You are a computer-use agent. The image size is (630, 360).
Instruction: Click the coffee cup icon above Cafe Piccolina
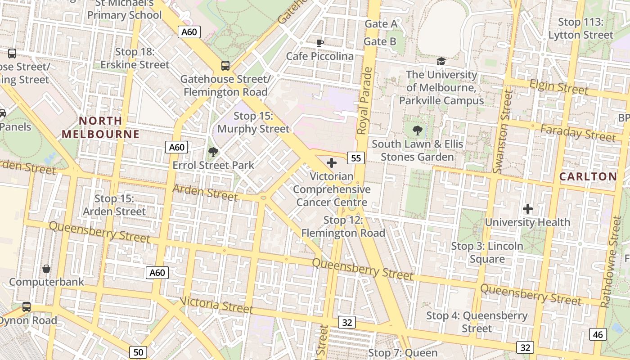(x=319, y=43)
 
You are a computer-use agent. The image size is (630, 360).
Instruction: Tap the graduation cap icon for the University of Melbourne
(x=441, y=61)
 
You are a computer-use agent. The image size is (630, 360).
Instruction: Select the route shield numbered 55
(x=355, y=157)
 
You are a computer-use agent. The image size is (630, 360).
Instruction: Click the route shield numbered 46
(x=597, y=334)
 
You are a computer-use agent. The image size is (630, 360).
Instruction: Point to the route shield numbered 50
(x=138, y=352)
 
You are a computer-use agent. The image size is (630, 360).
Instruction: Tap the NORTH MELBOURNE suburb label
(x=101, y=127)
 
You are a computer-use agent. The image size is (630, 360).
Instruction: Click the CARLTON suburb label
(x=588, y=176)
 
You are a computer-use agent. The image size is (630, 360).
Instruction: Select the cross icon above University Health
(x=528, y=209)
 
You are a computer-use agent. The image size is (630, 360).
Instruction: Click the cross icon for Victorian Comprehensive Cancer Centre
(x=332, y=162)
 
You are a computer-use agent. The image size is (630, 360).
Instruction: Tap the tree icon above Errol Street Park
(x=213, y=152)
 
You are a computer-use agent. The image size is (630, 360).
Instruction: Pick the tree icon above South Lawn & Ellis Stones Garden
(x=418, y=130)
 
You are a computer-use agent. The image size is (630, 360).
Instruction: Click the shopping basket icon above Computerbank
(x=46, y=269)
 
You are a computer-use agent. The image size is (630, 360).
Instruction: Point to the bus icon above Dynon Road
(x=27, y=307)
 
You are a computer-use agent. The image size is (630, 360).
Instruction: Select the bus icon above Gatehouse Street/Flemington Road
(x=225, y=66)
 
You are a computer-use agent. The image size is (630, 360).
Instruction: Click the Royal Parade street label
(x=365, y=101)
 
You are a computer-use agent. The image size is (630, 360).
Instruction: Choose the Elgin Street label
(x=558, y=86)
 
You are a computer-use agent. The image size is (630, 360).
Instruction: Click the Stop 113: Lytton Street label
(x=580, y=28)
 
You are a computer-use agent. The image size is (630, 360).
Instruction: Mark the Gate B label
(x=380, y=42)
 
